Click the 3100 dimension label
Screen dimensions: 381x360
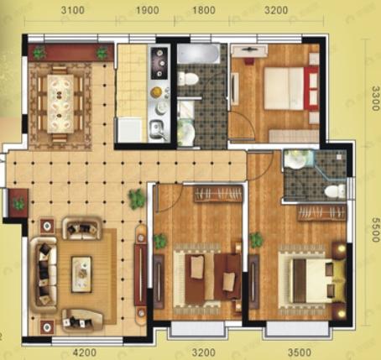coord(73,10)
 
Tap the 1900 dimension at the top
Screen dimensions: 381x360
coord(148,10)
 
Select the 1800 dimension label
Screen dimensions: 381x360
coord(204,10)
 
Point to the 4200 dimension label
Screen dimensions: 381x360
coord(85,352)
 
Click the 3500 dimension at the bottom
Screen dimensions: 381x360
coord(299,352)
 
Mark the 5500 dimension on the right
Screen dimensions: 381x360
coord(376,230)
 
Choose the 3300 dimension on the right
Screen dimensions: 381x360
coord(376,98)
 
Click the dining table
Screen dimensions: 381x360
coord(60,103)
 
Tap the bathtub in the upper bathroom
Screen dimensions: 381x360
coord(198,54)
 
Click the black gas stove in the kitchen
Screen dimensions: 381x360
coord(159,63)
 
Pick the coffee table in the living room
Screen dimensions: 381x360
coord(81,274)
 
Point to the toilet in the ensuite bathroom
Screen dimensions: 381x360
coord(335,191)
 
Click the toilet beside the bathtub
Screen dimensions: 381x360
coord(188,78)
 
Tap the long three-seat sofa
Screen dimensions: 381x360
coord(44,274)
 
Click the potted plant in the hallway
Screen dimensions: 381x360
coord(137,198)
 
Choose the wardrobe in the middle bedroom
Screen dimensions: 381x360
coord(218,194)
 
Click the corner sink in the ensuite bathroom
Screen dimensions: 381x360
coord(296,159)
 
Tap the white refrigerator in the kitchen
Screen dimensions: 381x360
coord(130,130)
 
